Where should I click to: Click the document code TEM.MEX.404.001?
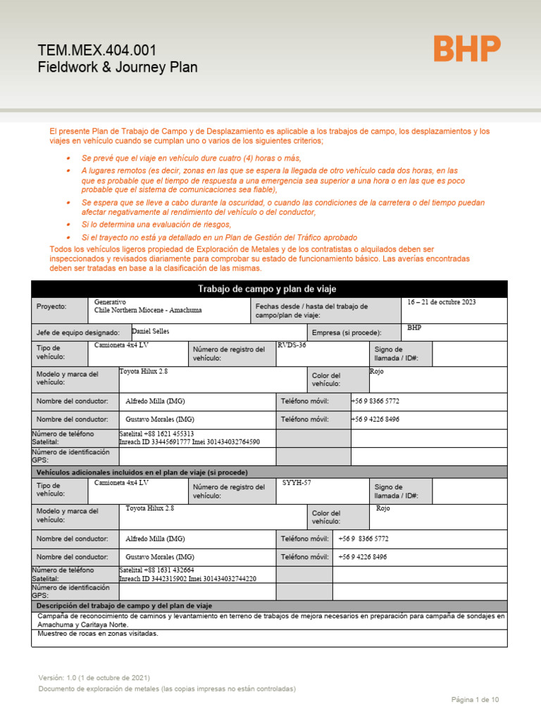pyautogui.click(x=97, y=51)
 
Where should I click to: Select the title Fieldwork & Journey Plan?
pyautogui.click(x=117, y=68)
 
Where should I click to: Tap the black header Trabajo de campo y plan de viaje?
pyautogui.click(x=267, y=289)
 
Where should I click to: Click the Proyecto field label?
pyautogui.click(x=51, y=307)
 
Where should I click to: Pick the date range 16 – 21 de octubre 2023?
pyautogui.click(x=442, y=302)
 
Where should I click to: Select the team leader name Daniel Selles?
pyautogui.click(x=150, y=331)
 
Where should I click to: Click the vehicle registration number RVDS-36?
pyautogui.click(x=292, y=345)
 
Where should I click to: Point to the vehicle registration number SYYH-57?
pyautogui.click(x=297, y=483)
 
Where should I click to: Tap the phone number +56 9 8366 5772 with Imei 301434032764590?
pyautogui.click(x=375, y=401)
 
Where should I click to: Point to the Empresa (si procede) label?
pyautogui.click(x=347, y=332)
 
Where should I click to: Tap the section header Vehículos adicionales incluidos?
pyautogui.click(x=142, y=472)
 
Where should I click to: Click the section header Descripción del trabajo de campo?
pyautogui.click(x=124, y=606)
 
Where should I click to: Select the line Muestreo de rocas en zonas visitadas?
pyautogui.click(x=98, y=633)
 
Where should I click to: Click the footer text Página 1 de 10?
pyautogui.click(x=475, y=699)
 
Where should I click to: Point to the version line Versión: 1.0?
pyautogui.click(x=94, y=677)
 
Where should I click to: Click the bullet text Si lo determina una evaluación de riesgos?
pyautogui.click(x=156, y=224)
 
